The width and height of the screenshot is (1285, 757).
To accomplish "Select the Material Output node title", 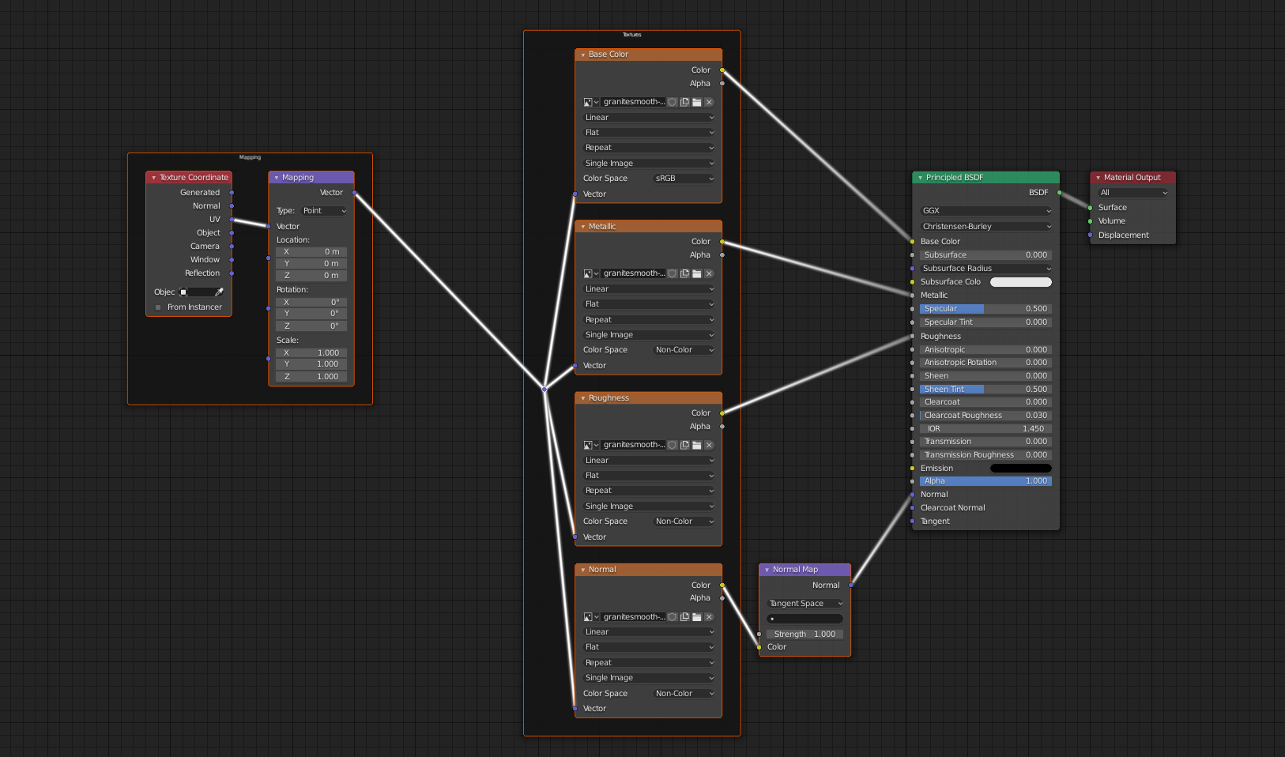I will pos(1132,178).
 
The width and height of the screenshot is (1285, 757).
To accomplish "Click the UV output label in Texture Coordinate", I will pos(214,220).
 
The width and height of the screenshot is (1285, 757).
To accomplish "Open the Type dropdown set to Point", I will pos(324,211).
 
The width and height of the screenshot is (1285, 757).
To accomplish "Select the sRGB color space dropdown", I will pos(684,179).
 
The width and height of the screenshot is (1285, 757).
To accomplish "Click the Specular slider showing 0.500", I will pos(985,309).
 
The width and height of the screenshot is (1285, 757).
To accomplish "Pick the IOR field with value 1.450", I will pos(985,429).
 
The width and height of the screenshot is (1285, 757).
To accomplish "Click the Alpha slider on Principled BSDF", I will pos(985,481).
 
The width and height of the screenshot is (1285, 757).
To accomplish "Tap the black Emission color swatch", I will pos(1020,469).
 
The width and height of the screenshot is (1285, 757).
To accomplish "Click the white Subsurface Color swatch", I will pos(1020,282).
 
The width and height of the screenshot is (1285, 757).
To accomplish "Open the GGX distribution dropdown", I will pos(985,211).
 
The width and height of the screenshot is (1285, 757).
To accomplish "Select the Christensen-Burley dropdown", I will pos(985,227).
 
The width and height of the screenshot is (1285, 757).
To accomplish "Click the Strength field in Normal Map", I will pos(805,635).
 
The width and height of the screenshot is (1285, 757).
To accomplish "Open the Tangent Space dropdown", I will pos(805,604).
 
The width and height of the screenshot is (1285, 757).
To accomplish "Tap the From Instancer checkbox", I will pos(158,307).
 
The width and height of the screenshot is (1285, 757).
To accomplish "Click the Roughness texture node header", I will pos(648,398).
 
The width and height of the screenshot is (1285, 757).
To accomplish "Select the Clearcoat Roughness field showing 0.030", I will pos(985,416).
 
